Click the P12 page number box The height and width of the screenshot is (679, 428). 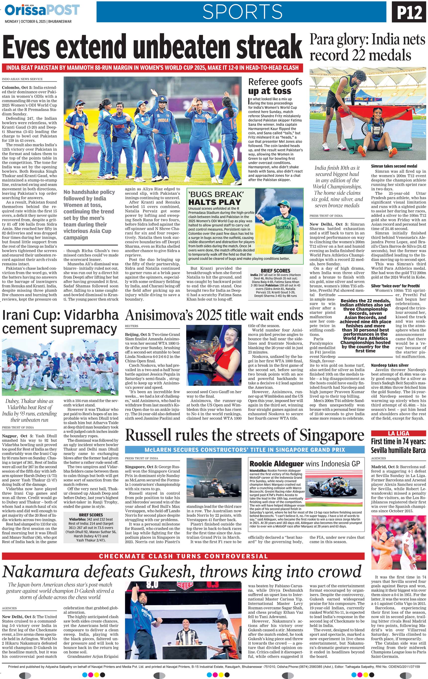click(x=409, y=13)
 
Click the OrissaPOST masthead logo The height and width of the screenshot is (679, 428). click(x=42, y=10)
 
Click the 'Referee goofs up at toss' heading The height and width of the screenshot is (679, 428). click(x=275, y=86)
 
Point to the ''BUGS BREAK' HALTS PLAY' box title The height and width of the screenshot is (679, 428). click(x=215, y=198)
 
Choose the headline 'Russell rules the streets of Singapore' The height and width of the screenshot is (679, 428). click(x=244, y=435)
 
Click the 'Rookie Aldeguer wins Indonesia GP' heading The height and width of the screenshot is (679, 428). click(x=304, y=464)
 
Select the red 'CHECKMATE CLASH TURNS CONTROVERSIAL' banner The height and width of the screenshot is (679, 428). click(x=183, y=556)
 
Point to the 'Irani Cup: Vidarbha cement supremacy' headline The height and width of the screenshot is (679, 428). click(x=60, y=322)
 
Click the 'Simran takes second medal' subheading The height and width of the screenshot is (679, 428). click(x=394, y=166)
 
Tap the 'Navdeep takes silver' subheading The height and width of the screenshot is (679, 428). click(x=390, y=365)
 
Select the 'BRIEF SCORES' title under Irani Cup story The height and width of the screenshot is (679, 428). click(x=91, y=515)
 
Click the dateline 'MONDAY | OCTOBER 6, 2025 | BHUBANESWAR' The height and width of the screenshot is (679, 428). click(x=38, y=21)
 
